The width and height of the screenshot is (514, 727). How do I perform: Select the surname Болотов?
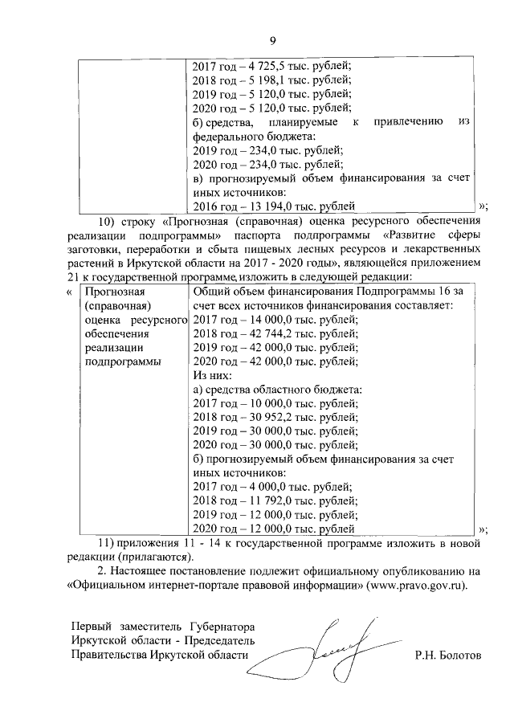point(459,655)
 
